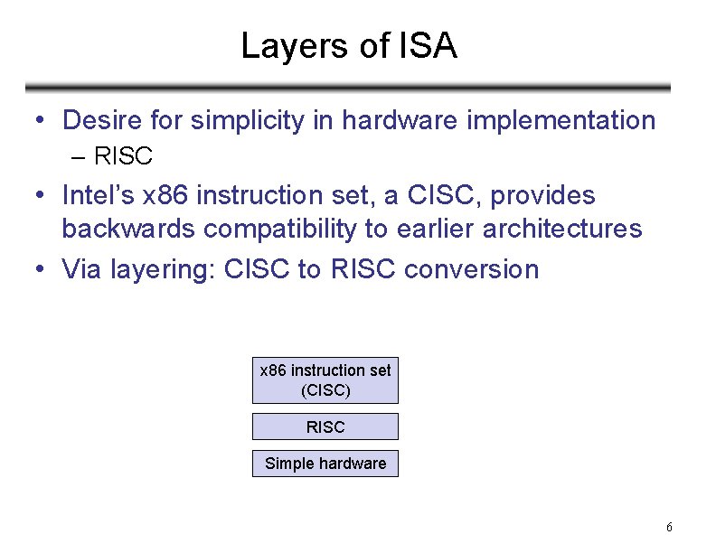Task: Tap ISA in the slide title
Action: coord(427,46)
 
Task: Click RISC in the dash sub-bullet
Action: coord(123,156)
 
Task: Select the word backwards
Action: coord(128,229)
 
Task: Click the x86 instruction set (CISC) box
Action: coord(325,380)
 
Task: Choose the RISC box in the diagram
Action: coord(325,426)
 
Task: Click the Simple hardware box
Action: coord(325,464)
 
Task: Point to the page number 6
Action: coord(669,528)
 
